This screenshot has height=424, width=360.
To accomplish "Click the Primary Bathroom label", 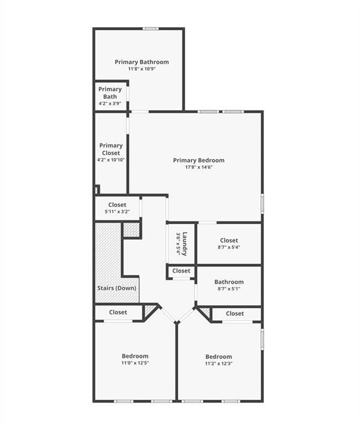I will tap(141, 62).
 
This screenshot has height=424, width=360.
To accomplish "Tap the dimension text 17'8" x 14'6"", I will tap(198, 167).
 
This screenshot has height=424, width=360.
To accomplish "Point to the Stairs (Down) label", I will tap(117, 288).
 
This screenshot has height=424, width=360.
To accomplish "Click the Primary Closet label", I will tap(111, 149).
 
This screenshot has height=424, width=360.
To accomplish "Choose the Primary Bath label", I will tap(110, 93).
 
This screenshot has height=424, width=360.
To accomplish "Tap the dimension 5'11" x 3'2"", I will tap(117, 211).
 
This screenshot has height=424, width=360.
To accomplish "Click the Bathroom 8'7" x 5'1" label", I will tap(229, 282).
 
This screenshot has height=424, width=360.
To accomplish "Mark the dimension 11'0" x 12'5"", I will tap(135, 363).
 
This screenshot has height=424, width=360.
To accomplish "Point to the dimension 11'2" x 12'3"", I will tap(218, 363).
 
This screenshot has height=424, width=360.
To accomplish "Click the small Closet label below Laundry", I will tap(181, 271).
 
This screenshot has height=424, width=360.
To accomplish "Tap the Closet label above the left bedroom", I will tap(118, 312).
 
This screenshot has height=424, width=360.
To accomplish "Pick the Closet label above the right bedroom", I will tap(235, 314).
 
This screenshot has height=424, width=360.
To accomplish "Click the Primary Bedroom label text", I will tap(198, 160).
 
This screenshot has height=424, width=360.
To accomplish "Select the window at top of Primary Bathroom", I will tap(151, 29).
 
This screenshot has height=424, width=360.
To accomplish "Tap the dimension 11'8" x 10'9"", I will tap(141, 69).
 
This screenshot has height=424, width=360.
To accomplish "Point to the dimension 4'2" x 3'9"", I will tap(110, 104).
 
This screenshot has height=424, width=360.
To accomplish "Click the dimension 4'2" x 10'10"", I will tap(111, 160).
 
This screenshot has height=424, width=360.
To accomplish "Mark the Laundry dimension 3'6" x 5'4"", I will tap(178, 243).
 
